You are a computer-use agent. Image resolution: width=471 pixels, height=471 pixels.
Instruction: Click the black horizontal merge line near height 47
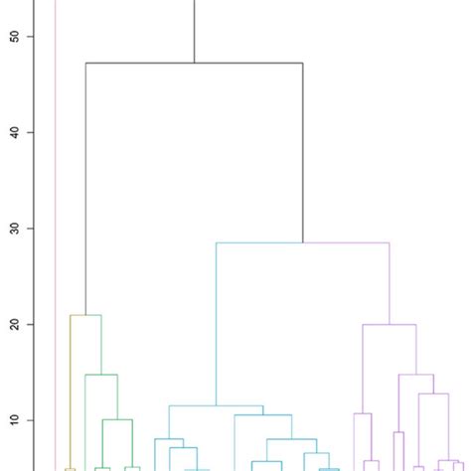(194, 63)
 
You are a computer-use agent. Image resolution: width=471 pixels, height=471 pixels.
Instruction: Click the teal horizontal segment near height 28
(258, 242)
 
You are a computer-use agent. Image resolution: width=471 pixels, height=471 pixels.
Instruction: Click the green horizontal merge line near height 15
(101, 375)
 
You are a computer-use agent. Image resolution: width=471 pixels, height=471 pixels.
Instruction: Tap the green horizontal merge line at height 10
(117, 420)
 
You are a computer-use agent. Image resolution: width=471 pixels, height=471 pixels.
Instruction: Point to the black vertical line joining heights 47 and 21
(85, 189)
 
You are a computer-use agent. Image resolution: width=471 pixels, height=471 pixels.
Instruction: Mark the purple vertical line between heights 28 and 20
(390, 283)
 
